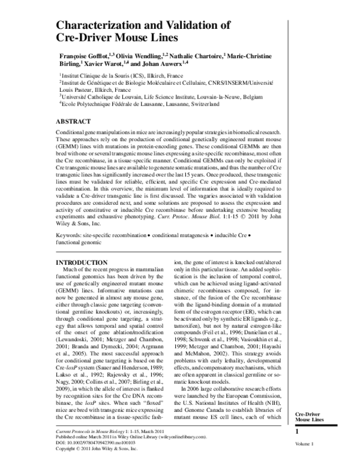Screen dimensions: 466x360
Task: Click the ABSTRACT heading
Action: (x=74, y=121)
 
